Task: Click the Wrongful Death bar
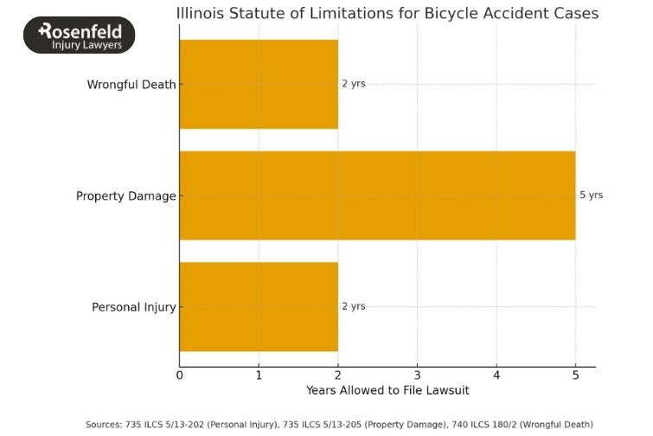(259, 84)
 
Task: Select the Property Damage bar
(377, 196)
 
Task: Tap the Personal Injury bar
(259, 306)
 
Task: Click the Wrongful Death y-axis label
(131, 85)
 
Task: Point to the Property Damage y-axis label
(125, 196)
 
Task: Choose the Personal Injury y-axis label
(134, 307)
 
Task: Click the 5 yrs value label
(591, 196)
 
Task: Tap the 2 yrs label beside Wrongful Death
(353, 84)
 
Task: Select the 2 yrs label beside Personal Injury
(353, 306)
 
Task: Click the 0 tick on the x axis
(179, 375)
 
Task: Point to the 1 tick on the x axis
(259, 375)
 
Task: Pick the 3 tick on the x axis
(417, 375)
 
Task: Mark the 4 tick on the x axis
(496, 375)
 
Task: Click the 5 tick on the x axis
(575, 375)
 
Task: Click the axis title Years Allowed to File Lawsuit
(387, 390)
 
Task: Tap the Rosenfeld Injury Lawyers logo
(80, 35)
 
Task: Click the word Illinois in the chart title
(201, 14)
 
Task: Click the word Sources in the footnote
(104, 424)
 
